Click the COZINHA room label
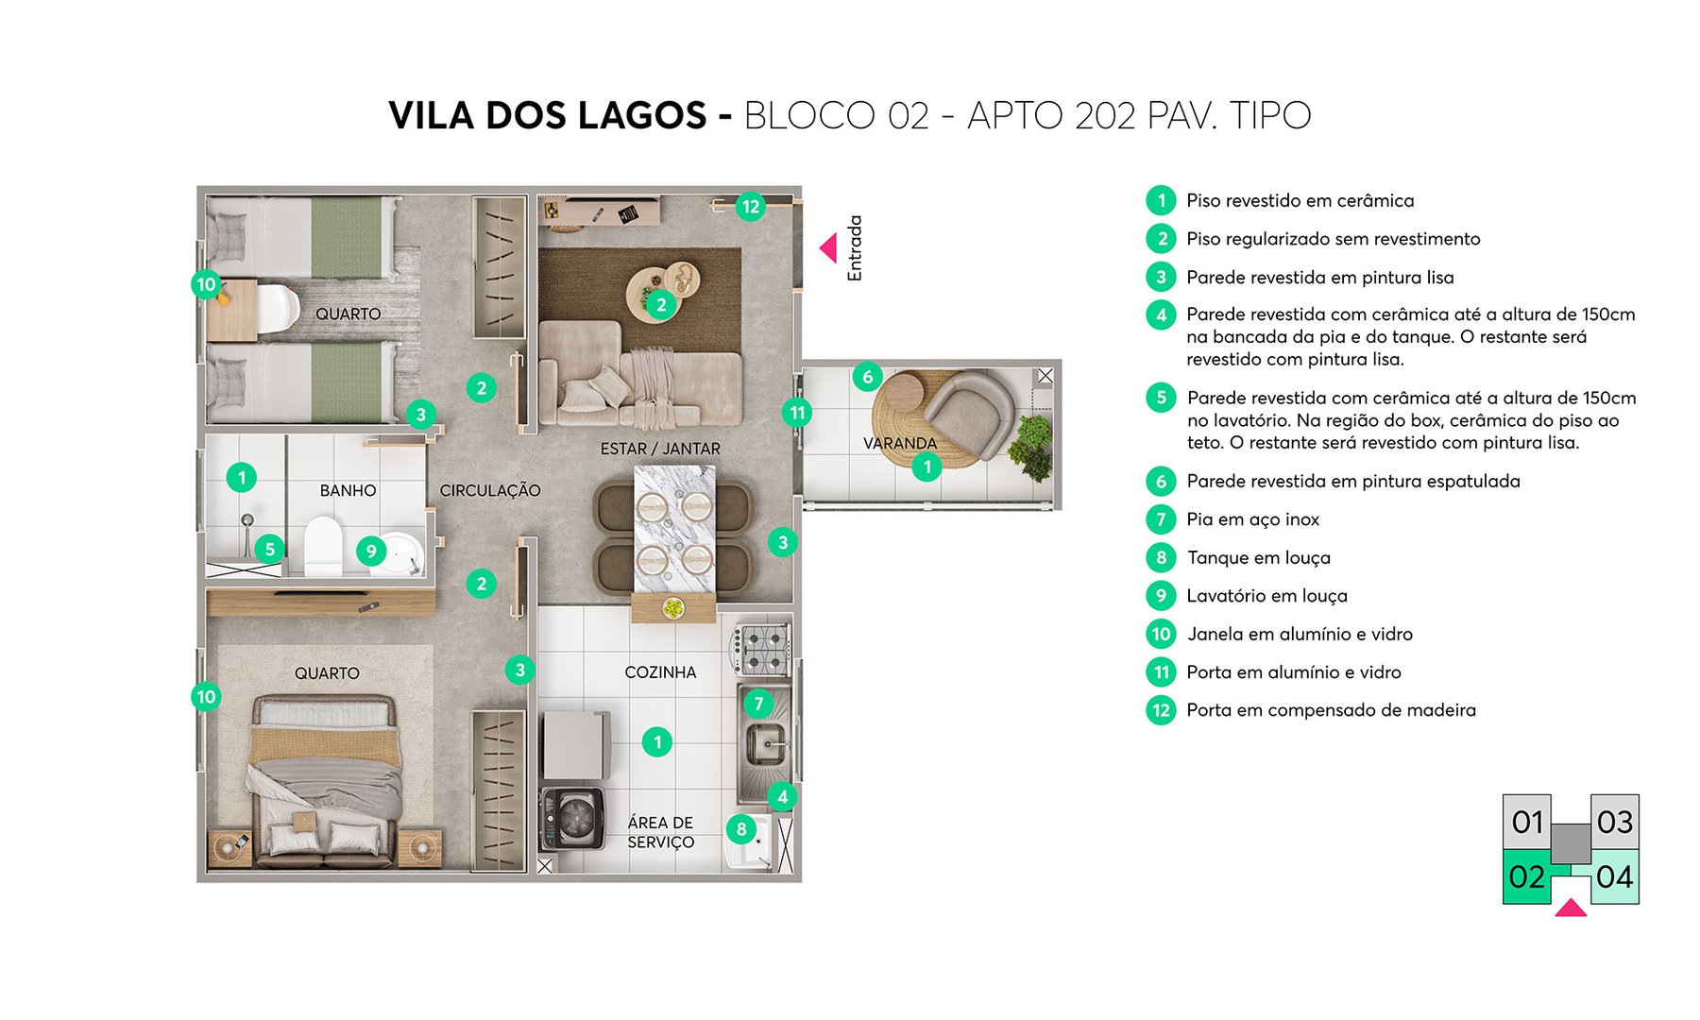point(660,672)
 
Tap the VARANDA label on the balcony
point(899,443)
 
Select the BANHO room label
point(348,490)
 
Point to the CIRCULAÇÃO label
point(489,490)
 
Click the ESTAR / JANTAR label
point(660,449)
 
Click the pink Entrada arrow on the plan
point(828,248)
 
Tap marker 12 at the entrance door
point(750,207)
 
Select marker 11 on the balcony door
point(797,413)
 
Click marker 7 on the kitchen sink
point(757,704)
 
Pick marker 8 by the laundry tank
point(741,829)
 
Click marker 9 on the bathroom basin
point(371,552)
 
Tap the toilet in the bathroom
point(323,546)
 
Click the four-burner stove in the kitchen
point(762,650)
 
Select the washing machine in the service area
point(572,818)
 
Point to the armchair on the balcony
point(968,414)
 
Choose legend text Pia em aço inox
point(1252,519)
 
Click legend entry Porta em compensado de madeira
point(1331,710)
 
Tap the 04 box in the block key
point(1614,877)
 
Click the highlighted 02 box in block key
point(1526,877)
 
